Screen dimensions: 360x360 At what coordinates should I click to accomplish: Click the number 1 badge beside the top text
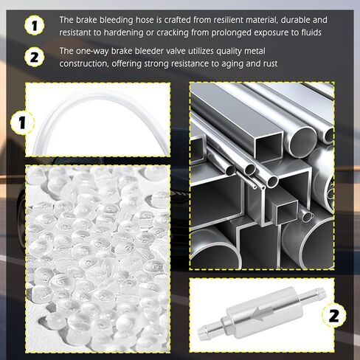point(34,26)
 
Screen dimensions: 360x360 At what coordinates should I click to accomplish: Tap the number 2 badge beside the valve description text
point(34,57)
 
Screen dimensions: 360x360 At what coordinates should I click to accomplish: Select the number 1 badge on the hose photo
point(22,122)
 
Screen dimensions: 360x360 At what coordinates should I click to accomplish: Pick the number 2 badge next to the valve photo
point(333,316)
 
